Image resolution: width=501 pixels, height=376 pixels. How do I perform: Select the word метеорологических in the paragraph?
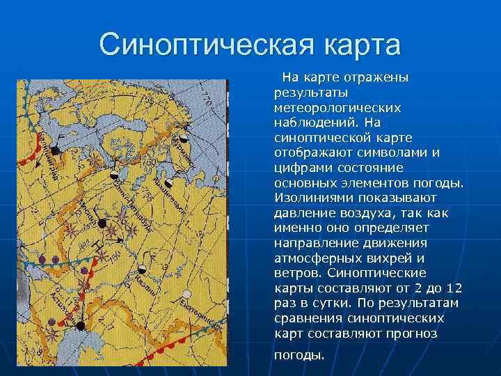tap(337, 108)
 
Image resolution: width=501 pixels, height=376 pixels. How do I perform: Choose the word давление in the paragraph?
tap(303, 213)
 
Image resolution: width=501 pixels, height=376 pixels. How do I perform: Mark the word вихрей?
tap(390, 258)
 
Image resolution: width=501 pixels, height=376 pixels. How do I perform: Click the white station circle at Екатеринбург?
tap(186, 294)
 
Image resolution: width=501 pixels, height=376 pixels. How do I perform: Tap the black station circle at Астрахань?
tap(81, 325)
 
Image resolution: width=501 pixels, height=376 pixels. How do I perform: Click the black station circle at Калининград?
tap(55, 150)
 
